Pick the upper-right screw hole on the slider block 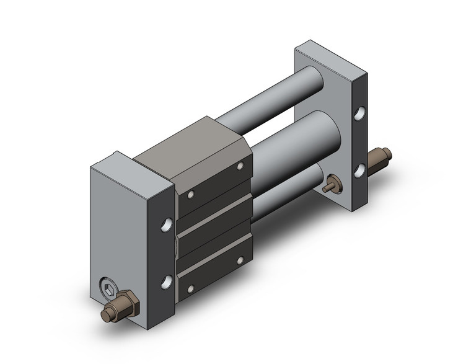coord(240,167)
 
